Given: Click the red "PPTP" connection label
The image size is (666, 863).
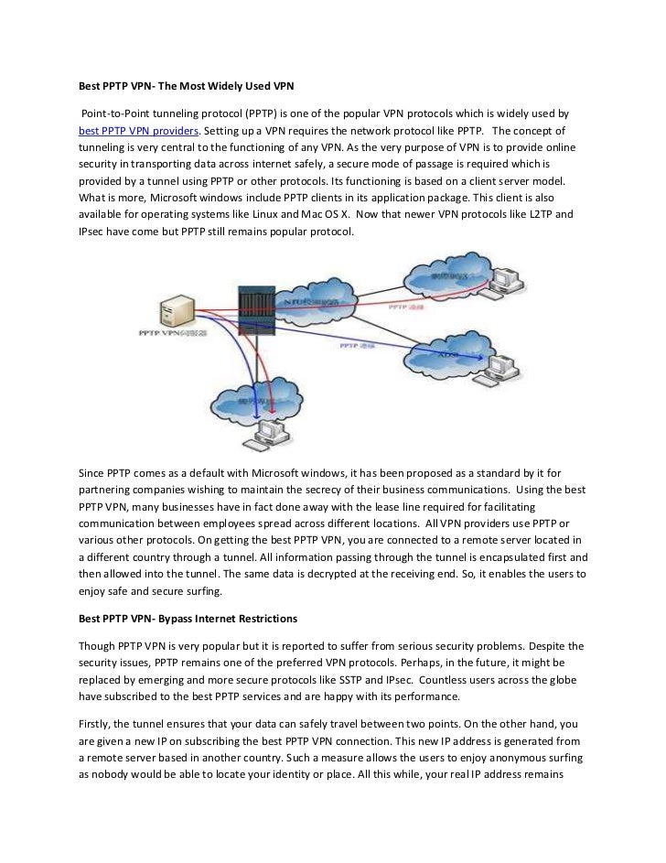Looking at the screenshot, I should coord(395,309).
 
